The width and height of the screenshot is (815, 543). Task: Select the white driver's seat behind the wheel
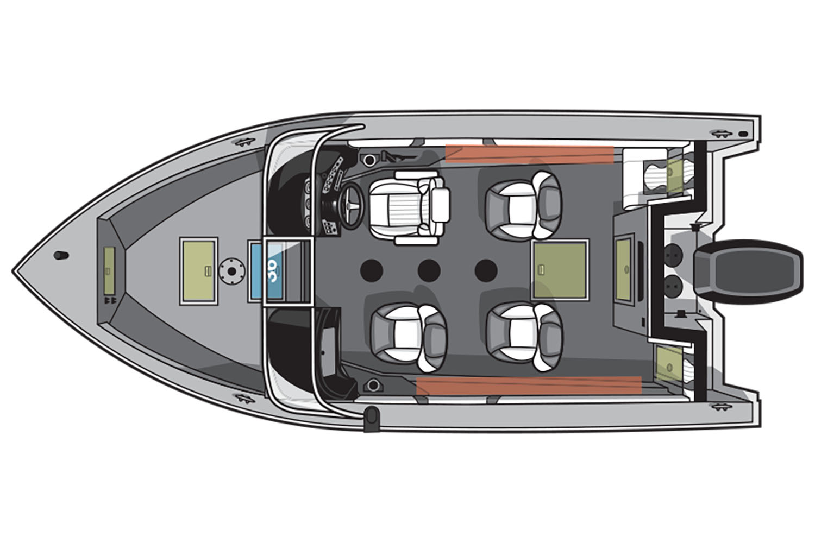[410, 207]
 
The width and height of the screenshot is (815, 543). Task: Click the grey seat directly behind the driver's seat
[523, 205]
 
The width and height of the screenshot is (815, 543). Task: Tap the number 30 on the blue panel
[272, 270]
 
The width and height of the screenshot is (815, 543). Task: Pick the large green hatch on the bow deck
[198, 270]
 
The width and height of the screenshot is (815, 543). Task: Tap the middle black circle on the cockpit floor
[429, 270]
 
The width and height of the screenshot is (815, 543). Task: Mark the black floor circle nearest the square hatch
[486, 270]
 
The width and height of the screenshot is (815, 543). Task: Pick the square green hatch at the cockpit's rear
[560, 270]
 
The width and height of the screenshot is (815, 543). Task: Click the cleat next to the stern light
[719, 132]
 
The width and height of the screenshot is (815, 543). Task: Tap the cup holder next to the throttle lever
[371, 160]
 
